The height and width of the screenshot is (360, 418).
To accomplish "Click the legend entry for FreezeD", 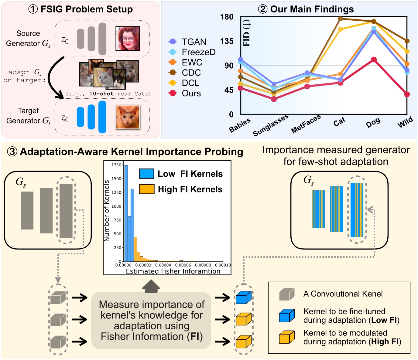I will [198, 52].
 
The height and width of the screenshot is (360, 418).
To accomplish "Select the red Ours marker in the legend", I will [173, 93].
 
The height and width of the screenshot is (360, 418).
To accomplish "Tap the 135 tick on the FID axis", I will [227, 41].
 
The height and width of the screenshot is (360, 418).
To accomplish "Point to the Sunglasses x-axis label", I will [270, 125].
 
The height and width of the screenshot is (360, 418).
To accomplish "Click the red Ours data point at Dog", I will [374, 60].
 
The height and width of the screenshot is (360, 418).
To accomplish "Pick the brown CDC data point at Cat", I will [340, 19].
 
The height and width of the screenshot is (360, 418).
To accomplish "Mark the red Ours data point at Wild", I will [407, 94].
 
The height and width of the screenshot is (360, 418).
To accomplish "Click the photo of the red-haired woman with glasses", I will [128, 39].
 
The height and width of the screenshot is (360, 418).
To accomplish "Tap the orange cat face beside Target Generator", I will [128, 117].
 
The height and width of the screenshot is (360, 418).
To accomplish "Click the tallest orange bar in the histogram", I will [135, 249].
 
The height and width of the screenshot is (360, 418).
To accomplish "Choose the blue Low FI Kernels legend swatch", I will [146, 174].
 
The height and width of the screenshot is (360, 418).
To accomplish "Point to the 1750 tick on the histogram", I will [116, 165].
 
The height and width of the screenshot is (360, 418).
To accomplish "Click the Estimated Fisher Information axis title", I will [173, 271].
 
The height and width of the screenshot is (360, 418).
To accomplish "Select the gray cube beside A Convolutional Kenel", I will [287, 294].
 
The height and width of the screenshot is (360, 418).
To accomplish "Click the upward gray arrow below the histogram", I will [151, 286].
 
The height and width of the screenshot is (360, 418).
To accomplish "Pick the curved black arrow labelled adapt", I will [55, 79].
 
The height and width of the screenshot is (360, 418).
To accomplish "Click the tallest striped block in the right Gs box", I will [357, 210].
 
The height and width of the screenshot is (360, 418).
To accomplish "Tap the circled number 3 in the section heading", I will [12, 151].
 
